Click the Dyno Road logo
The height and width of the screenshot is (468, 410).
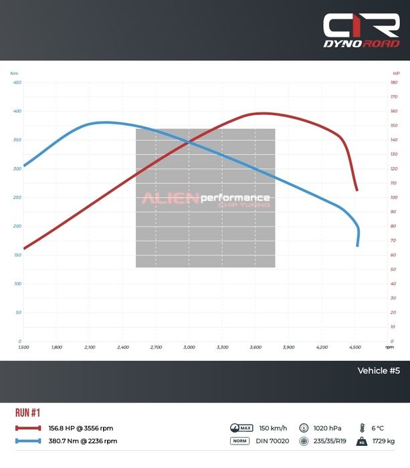pos(361,30)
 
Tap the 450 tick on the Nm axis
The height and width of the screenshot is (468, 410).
pos(17,82)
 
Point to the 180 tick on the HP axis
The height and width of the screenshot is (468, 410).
pos(395,82)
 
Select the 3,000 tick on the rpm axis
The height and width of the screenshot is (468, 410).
pos(189,348)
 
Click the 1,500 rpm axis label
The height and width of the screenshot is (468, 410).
pos(23,348)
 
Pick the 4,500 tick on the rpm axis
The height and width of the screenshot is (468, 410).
pos(355,348)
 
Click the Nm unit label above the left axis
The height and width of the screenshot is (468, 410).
pos(15,73)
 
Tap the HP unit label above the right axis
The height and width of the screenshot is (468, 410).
pos(396,73)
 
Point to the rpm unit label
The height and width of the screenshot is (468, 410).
pos(390,348)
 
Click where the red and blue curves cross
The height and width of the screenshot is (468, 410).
pos(189,142)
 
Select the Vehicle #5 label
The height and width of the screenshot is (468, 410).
pos(379,371)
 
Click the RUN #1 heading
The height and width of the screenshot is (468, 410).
pos(27,413)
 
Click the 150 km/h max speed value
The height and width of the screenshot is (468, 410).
pos(273,429)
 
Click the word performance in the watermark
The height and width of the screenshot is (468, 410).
pos(235,198)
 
